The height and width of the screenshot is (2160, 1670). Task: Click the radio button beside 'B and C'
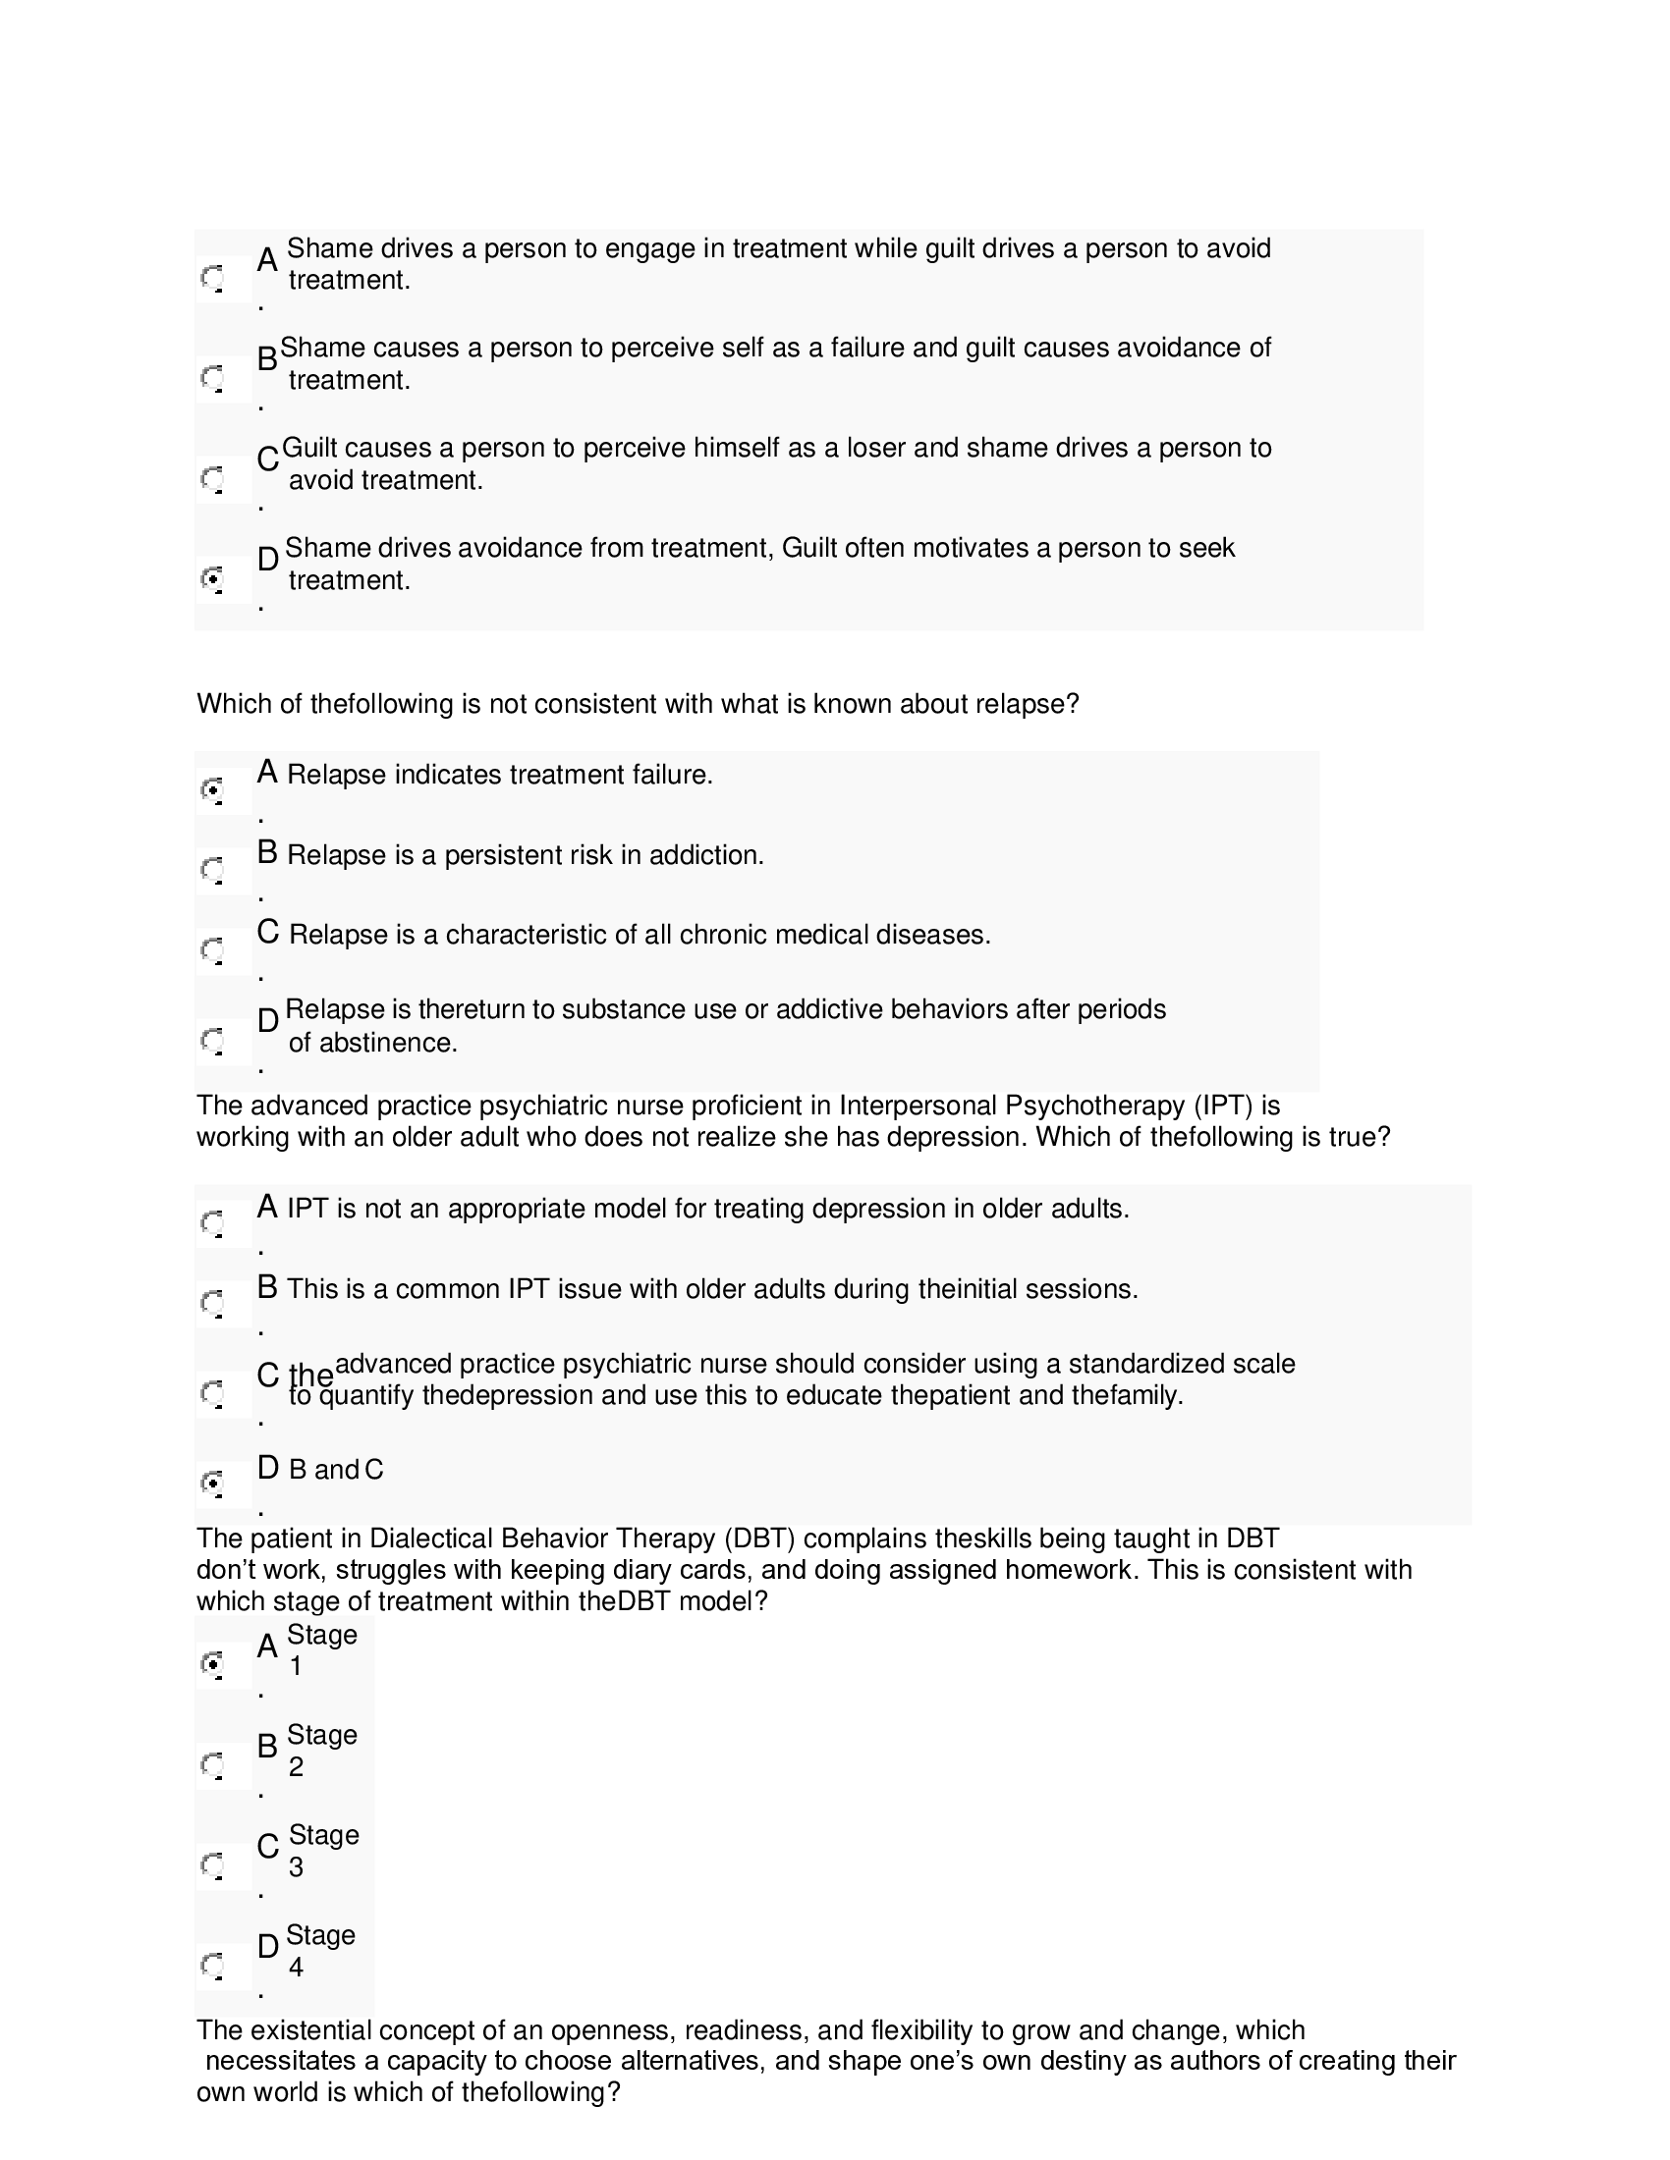[212, 1483]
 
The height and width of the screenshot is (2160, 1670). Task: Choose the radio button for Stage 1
[212, 1663]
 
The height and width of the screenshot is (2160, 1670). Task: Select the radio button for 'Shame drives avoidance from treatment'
[212, 577]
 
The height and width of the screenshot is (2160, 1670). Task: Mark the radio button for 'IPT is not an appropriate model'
[212, 1223]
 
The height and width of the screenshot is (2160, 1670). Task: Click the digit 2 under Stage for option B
[296, 1767]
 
